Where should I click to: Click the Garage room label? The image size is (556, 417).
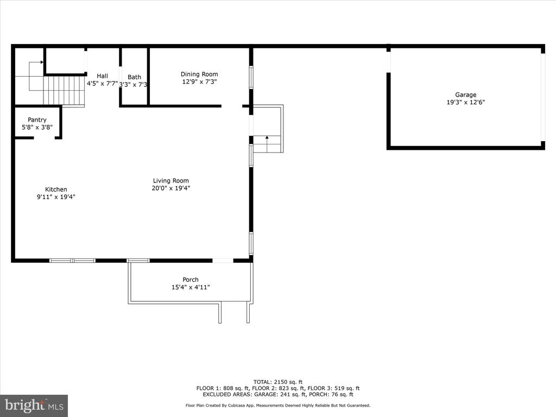click(x=465, y=94)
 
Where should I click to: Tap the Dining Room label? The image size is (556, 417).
click(x=199, y=74)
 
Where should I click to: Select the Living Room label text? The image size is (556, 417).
click(x=170, y=181)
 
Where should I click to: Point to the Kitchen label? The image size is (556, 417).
click(x=56, y=189)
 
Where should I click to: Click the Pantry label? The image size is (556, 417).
click(x=37, y=120)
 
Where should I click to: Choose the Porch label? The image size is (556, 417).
click(x=191, y=280)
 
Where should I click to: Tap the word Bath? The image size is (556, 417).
click(x=135, y=77)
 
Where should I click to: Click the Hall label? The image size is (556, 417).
click(x=102, y=76)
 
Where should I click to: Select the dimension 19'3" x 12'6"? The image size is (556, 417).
click(x=465, y=102)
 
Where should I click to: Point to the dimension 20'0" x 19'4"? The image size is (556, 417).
click(x=171, y=188)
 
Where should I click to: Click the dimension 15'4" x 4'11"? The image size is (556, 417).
click(x=191, y=287)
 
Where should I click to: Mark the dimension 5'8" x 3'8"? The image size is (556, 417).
click(x=37, y=127)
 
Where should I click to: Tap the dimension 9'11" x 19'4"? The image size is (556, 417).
click(x=56, y=197)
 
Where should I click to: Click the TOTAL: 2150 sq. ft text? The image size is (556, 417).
click(x=278, y=382)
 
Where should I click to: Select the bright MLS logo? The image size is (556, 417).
click(x=34, y=406)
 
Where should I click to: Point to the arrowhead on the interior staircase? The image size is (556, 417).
click(x=42, y=62)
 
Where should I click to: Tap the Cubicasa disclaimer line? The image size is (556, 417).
click(x=278, y=405)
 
